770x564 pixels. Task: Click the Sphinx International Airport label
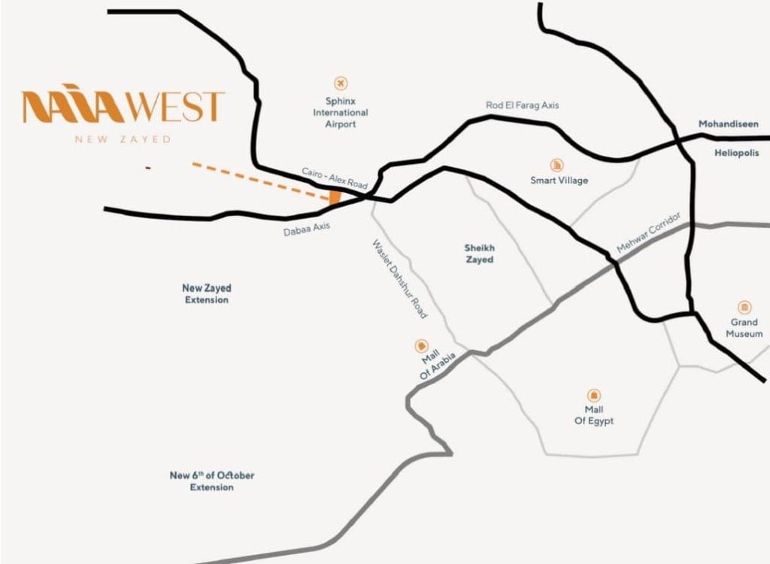click(x=341, y=112)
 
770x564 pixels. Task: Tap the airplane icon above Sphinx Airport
click(x=341, y=82)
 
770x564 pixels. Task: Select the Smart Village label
click(x=559, y=180)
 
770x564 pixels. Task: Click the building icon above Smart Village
click(x=557, y=165)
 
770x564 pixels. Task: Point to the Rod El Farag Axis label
click(x=522, y=106)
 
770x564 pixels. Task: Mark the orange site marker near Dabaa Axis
click(x=335, y=198)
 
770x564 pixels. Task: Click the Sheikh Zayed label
click(x=479, y=253)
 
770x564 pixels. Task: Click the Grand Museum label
click(x=744, y=328)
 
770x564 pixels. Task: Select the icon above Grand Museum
click(x=744, y=308)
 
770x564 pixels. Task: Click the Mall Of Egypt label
click(x=593, y=415)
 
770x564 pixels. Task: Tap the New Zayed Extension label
click(x=206, y=294)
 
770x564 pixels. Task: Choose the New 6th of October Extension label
click(x=211, y=481)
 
